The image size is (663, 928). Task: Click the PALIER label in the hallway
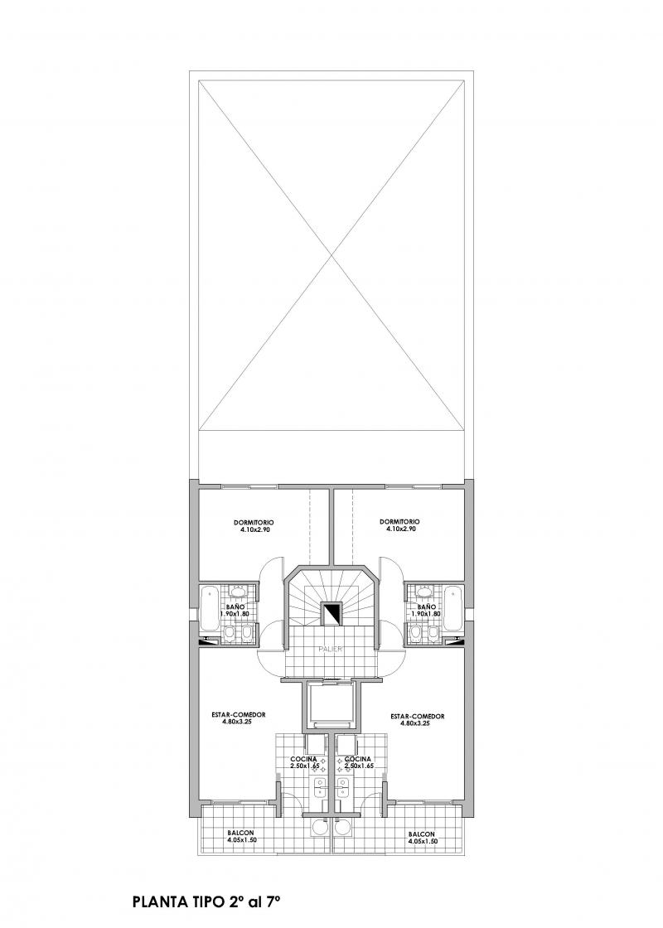coord(331,649)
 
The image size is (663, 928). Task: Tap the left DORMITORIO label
coord(254,523)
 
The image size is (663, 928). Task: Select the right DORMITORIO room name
coord(399,521)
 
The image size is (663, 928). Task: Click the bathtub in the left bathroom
coord(208,608)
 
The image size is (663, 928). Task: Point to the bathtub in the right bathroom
coord(452,608)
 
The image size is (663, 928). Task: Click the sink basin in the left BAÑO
coord(238,592)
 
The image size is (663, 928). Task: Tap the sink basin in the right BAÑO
coord(423,592)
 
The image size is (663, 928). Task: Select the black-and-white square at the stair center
coord(331,613)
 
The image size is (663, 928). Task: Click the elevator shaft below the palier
coord(331,706)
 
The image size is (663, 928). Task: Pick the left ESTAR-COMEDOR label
coord(239,714)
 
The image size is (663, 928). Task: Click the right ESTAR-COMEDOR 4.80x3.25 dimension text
coord(418,723)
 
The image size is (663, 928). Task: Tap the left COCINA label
coord(303,759)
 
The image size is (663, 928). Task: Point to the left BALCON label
coord(241,833)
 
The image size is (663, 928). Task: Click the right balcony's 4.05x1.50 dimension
coord(423,841)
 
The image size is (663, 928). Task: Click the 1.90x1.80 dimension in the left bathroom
coord(234,614)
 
